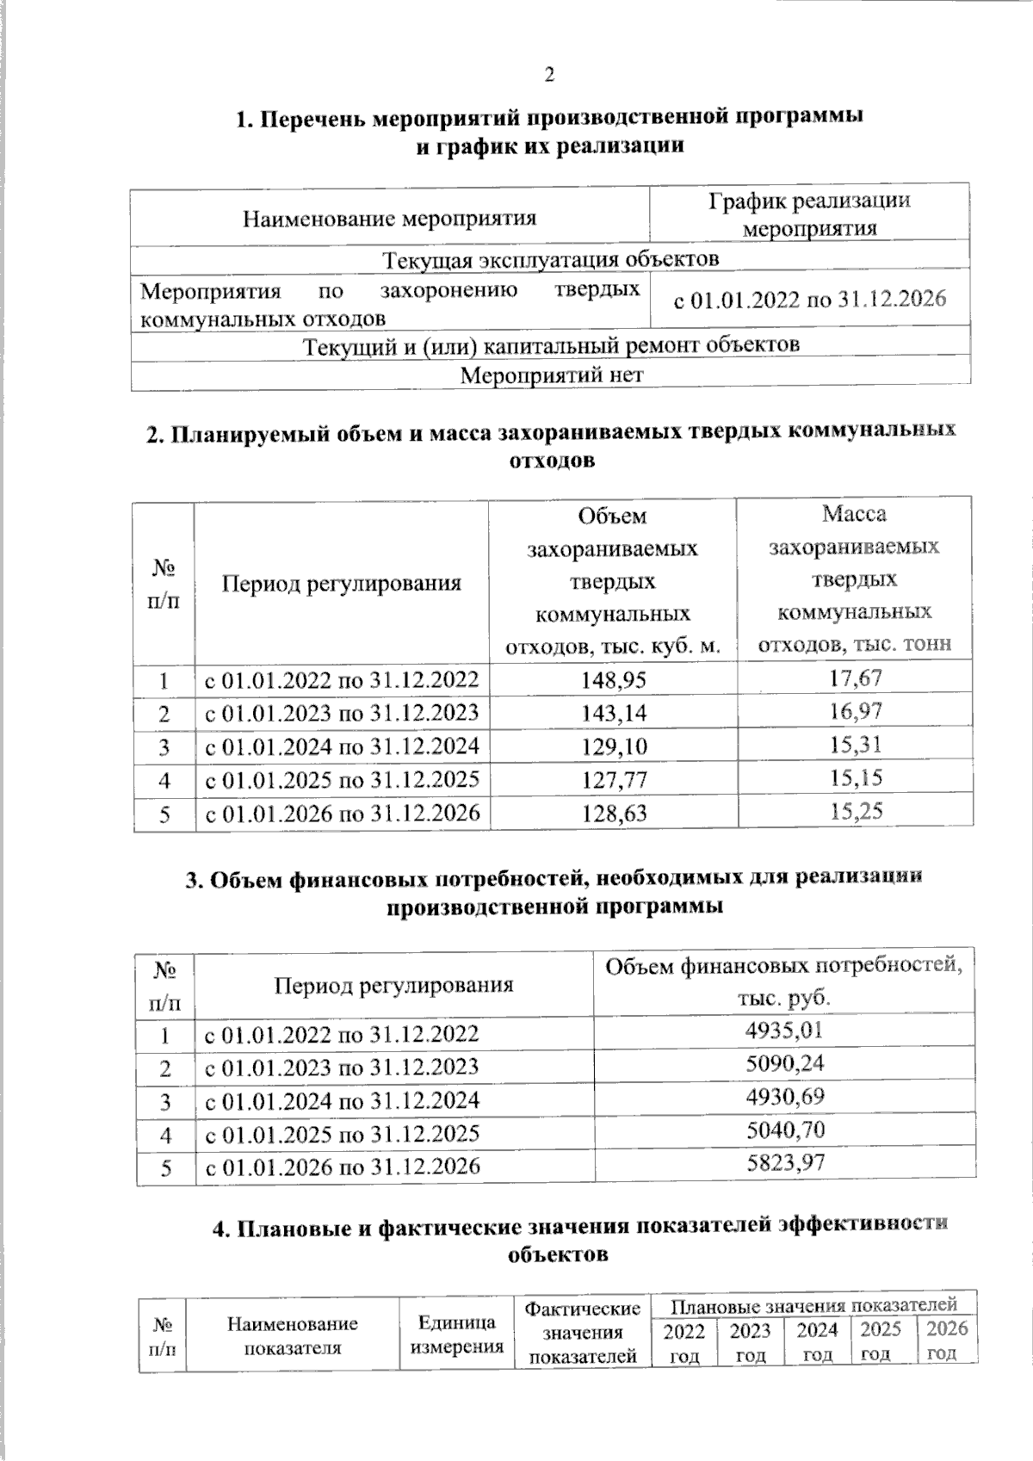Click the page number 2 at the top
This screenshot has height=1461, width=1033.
[549, 75]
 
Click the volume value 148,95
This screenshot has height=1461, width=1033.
[613, 680]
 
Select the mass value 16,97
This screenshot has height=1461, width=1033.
[856, 712]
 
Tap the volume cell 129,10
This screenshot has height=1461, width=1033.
[613, 746]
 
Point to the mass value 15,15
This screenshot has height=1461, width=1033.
[856, 778]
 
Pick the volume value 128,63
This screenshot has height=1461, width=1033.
[613, 813]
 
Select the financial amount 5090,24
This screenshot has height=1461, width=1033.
[785, 1064]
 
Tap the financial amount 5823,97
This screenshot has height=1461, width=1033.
[785, 1164]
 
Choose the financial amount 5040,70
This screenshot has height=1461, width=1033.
[785, 1130]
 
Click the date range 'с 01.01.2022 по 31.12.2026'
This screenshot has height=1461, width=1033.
[809, 300]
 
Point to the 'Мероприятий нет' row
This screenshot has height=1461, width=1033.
[551, 375]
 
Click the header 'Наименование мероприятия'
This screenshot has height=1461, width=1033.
[389, 218]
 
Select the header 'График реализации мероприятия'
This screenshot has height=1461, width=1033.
[809, 214]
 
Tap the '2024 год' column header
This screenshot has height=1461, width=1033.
[817, 1342]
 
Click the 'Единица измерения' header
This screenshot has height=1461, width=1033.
[456, 1335]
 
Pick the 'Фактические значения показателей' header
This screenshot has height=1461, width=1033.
[583, 1333]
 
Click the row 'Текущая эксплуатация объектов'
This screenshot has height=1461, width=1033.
[551, 258]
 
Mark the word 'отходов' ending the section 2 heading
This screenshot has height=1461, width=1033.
[552, 461]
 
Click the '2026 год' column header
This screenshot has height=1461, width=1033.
[947, 1340]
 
